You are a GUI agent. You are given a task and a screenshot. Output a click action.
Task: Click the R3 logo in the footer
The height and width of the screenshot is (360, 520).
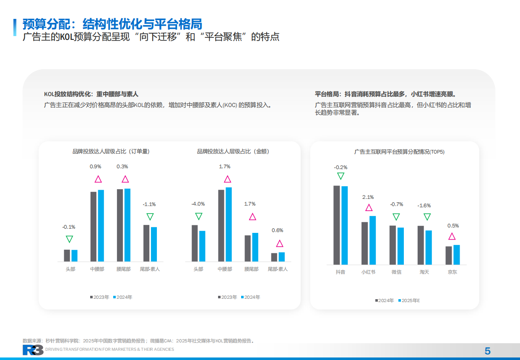coord(33,350)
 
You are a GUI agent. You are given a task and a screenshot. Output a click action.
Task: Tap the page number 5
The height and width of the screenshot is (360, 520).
coord(487,351)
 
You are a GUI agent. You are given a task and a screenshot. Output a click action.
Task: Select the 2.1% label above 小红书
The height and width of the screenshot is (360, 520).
coord(368,197)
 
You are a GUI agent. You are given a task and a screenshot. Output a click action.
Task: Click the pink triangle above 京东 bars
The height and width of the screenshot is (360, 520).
coord(452,236)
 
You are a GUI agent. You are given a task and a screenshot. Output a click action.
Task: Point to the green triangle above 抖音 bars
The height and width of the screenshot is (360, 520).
coord(341,176)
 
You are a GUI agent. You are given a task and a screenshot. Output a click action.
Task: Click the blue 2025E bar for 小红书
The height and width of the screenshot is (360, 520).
coord(372,240)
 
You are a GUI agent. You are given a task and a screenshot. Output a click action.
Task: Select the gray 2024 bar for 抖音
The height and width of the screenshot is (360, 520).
coord(336,225)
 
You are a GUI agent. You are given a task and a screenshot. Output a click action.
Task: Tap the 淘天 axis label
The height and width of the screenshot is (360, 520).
coord(424,272)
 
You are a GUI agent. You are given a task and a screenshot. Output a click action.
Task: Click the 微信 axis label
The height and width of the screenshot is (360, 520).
coord(396,272)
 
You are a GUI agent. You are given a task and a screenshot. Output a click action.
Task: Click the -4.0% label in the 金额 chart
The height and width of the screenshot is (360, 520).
coord(198,204)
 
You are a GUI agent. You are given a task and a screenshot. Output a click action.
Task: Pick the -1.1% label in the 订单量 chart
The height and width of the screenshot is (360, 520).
coord(149,204)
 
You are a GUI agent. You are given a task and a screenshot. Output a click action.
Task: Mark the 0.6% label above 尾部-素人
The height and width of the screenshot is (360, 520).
coord(278,230)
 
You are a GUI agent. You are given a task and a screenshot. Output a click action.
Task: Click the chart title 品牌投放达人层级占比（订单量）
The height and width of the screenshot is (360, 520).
coord(111,151)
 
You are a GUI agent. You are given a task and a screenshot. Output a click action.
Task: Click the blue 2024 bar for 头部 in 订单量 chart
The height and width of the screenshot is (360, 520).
coord(75,256)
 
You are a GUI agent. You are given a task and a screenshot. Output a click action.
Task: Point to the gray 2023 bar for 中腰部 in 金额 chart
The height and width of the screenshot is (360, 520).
coord(221,226)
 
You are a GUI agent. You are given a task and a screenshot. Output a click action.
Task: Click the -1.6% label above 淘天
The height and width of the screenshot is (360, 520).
coord(424,206)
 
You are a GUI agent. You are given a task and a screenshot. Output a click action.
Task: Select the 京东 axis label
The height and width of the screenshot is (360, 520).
coord(452,272)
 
